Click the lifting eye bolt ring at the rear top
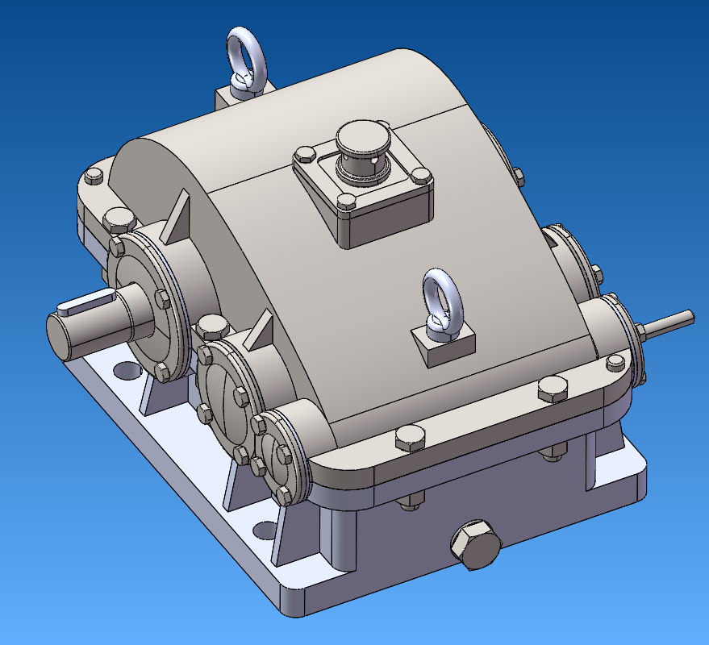coord(244,50)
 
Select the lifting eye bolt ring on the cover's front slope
coord(442,294)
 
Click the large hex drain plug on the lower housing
coord(473,547)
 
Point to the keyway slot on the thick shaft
coord(81,304)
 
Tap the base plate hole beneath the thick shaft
coord(124,370)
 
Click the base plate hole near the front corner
coord(264,531)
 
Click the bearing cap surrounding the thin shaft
coord(617,339)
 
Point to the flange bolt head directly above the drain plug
coord(411,439)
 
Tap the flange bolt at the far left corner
coord(93,177)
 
